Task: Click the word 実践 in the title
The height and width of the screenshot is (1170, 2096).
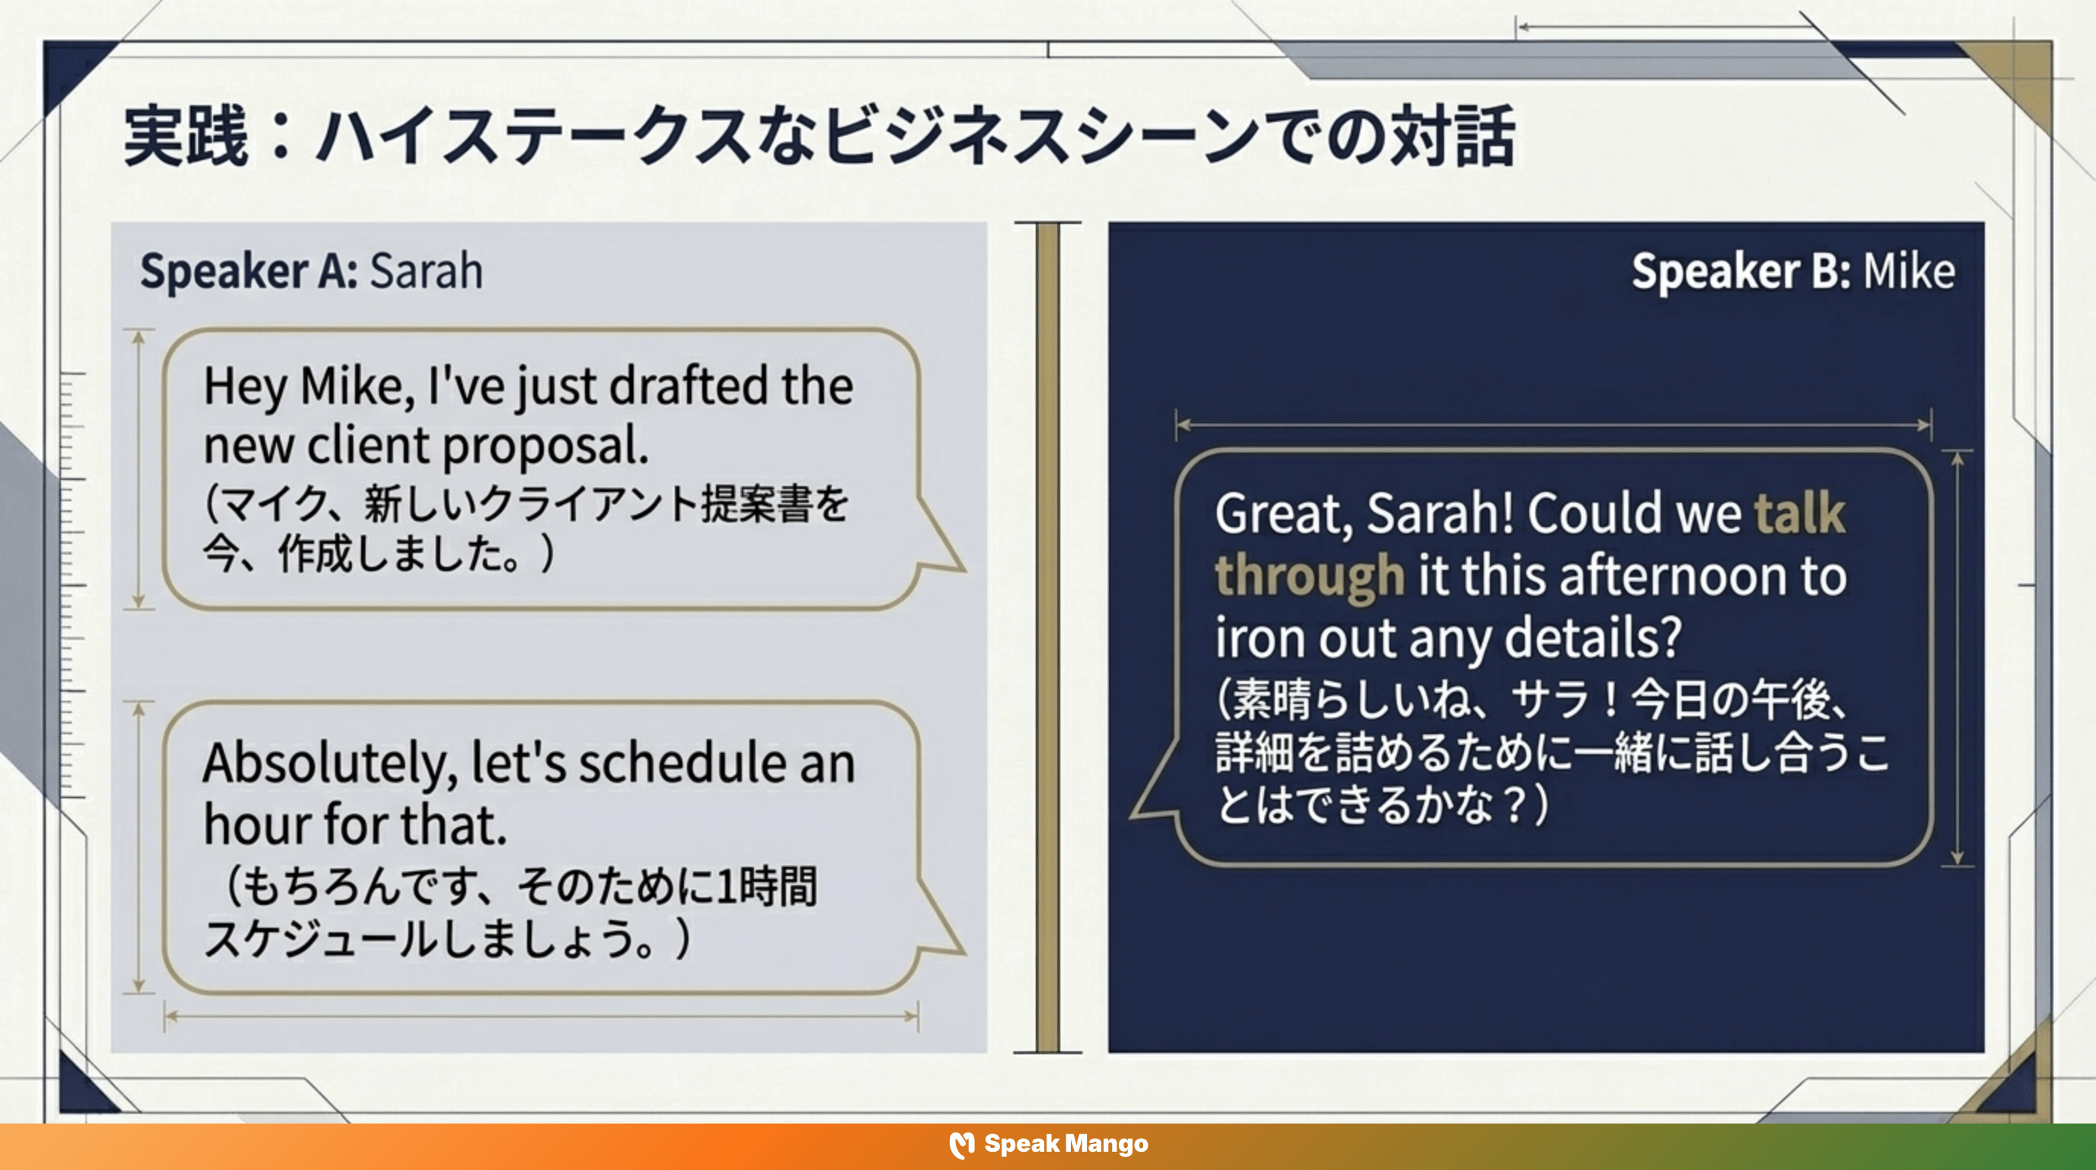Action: (x=186, y=136)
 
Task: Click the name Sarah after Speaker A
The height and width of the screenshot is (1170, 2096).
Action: (x=427, y=271)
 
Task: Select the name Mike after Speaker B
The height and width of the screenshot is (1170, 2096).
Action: (x=1909, y=271)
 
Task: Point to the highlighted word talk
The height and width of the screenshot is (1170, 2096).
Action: (x=1799, y=513)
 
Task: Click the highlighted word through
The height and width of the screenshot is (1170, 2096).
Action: (x=1309, y=576)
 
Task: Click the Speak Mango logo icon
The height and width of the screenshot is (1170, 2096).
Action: (x=962, y=1145)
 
